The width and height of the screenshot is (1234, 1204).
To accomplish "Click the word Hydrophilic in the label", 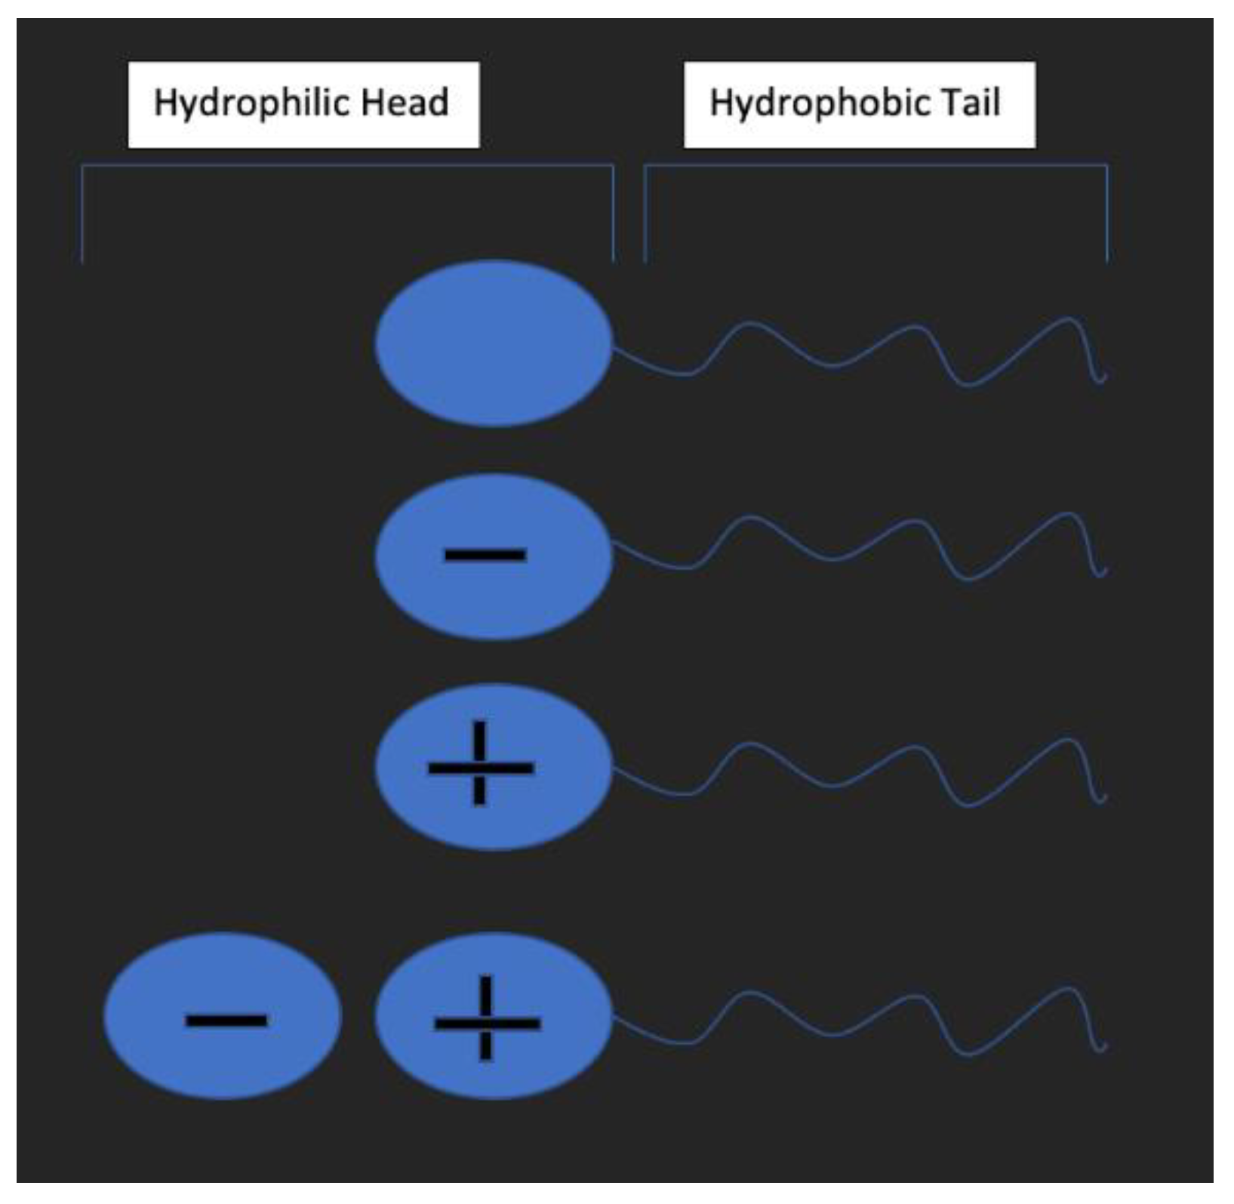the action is (253, 103).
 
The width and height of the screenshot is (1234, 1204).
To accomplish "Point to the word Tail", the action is (970, 103).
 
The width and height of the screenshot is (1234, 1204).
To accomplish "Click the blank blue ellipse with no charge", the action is (494, 343).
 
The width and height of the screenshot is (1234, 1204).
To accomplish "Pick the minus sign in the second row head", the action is (485, 556).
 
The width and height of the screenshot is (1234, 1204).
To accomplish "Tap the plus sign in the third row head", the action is (481, 767).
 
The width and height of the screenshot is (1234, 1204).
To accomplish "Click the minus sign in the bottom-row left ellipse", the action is (226, 1021).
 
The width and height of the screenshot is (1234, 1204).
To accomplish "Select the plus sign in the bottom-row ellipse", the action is (487, 1022).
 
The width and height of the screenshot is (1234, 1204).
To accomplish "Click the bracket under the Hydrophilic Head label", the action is (347, 165).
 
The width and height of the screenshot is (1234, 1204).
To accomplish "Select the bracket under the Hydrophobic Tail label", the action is (875, 165).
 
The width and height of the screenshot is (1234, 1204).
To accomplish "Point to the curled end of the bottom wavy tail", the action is (1101, 1047).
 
